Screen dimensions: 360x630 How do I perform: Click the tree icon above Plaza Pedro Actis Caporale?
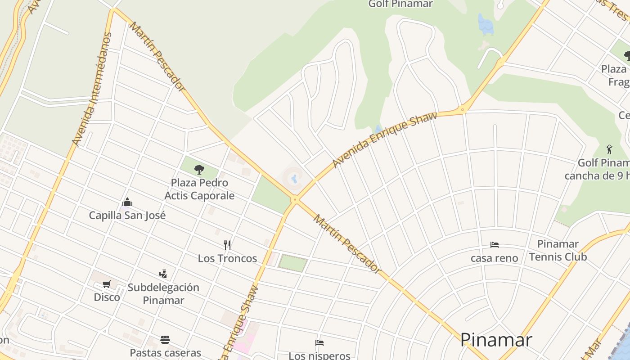[199, 170]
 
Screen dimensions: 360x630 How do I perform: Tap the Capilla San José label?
[127, 215]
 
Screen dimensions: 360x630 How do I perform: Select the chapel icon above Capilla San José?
[127, 202]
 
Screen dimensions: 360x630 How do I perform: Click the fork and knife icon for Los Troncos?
[227, 245]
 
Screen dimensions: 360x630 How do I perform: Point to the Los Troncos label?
[227, 258]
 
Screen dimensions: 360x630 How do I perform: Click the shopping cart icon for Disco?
[107, 284]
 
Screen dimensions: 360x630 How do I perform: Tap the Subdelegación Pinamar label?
[163, 294]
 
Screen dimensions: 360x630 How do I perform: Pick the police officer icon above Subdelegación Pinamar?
[163, 274]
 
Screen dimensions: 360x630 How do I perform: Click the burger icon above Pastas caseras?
[165, 339]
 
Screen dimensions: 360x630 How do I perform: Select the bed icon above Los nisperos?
[319, 343]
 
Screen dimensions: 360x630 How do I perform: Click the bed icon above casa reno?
[495, 245]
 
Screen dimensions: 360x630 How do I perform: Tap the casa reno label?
[495, 258]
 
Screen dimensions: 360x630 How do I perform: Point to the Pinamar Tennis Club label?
[558, 251]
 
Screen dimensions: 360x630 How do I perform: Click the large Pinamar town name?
[496, 340]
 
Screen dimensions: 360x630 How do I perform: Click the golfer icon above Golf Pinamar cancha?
[609, 149]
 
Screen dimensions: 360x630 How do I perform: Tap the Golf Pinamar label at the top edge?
[400, 4]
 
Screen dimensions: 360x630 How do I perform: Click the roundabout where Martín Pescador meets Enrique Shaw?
[295, 199]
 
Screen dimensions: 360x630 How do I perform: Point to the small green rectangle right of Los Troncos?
[293, 263]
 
